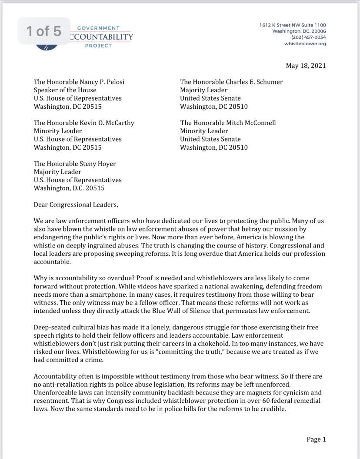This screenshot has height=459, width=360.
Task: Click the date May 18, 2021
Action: [306, 66]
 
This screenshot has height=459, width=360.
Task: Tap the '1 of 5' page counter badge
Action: [43, 31]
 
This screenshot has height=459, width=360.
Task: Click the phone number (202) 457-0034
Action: [308, 37]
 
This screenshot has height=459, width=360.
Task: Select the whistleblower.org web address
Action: [305, 44]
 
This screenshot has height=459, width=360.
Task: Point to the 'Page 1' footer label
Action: [316, 439]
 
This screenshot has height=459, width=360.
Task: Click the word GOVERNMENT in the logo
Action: [98, 28]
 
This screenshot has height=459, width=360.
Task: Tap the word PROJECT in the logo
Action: [98, 46]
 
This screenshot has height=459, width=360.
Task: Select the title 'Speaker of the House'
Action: [65, 90]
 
